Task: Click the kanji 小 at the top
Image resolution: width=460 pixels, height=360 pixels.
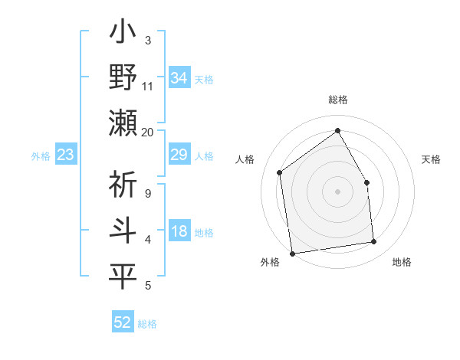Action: (123, 34)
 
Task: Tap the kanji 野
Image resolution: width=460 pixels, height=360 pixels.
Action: (123, 80)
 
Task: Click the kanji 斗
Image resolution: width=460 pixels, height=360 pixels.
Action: (123, 231)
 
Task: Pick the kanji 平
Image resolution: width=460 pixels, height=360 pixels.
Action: (123, 277)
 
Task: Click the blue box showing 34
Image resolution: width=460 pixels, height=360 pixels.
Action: (179, 77)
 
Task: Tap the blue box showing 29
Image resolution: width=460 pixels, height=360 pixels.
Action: (179, 155)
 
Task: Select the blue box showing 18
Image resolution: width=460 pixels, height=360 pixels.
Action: (179, 232)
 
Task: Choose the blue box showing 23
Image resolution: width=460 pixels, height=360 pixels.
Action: (66, 155)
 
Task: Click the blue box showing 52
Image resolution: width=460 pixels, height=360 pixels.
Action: (123, 322)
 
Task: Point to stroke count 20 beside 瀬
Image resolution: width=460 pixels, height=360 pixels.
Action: (147, 133)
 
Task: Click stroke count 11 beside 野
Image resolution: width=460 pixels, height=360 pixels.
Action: (147, 87)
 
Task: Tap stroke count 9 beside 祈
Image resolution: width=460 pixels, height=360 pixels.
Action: (148, 194)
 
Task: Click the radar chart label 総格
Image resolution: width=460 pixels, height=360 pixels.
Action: (337, 100)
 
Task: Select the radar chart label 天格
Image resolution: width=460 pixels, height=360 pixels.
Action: (432, 159)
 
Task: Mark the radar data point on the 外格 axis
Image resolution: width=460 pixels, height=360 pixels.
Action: (292, 253)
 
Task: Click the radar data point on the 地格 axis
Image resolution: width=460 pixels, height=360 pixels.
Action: (374, 242)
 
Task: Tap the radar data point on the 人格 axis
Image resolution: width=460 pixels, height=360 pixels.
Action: (280, 172)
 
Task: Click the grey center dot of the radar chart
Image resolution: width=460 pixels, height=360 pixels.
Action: (337, 191)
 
